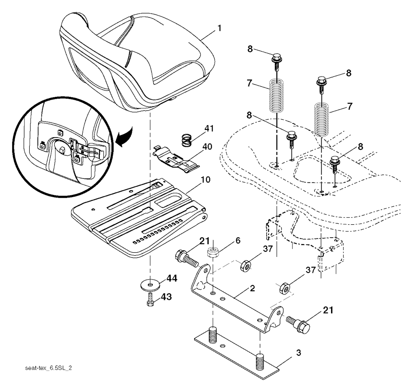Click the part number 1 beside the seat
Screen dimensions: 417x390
point(219,28)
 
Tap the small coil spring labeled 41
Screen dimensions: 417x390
point(187,140)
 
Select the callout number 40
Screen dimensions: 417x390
point(207,147)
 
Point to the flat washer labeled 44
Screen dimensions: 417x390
point(150,285)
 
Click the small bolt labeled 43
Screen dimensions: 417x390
point(151,300)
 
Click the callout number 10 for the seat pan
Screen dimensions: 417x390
point(205,180)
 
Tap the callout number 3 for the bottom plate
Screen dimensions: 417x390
point(298,353)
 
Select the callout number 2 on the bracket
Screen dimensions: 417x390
point(252,288)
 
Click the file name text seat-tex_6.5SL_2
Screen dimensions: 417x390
point(48,368)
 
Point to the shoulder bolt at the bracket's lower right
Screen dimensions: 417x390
point(298,323)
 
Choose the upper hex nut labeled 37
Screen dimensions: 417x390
point(245,266)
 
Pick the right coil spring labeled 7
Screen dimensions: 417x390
point(322,119)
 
